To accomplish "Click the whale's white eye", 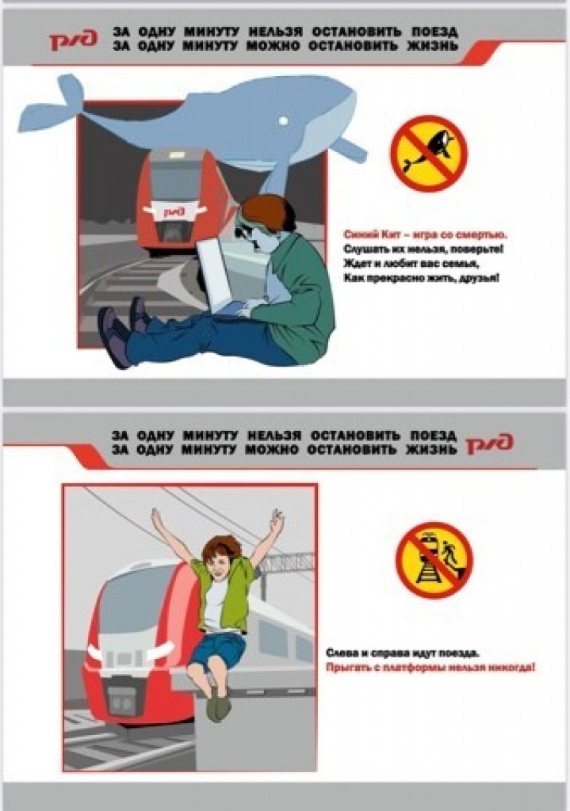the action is (x=283, y=120).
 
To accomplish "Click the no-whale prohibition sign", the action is (x=429, y=154).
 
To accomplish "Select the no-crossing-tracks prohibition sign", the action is (x=434, y=560).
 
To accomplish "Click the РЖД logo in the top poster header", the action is (x=73, y=40).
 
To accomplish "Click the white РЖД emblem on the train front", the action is (x=174, y=211).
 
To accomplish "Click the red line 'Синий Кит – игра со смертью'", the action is (x=426, y=234).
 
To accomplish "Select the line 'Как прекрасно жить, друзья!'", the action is (x=422, y=278).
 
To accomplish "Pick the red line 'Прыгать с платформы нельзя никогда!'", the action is (x=430, y=667).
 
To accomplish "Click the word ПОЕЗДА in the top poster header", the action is (x=435, y=32).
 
